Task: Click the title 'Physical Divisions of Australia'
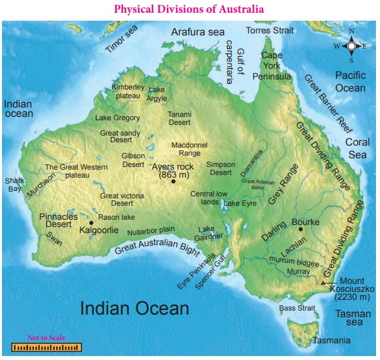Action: click(x=189, y=9)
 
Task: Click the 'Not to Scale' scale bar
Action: click(x=46, y=347)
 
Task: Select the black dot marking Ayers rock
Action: click(x=173, y=182)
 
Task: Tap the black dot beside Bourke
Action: click(x=301, y=229)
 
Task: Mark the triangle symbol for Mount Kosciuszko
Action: click(x=323, y=283)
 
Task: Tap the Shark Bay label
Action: click(x=14, y=184)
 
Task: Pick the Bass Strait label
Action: click(x=297, y=309)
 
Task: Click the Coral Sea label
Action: click(x=360, y=148)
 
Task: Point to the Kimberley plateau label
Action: click(x=128, y=92)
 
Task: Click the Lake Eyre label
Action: click(x=240, y=202)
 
